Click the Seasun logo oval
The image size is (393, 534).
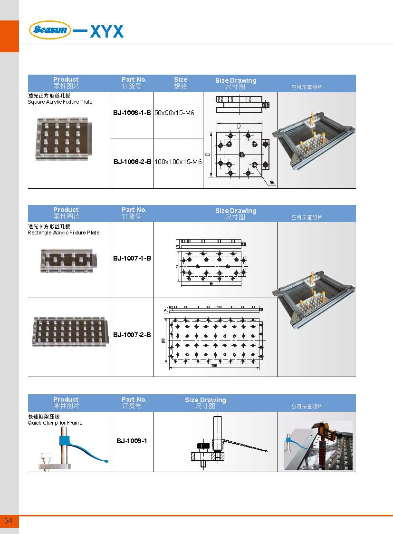pos(50,30)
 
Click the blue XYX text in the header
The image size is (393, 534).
pos(106,32)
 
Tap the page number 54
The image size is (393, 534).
pos(9,521)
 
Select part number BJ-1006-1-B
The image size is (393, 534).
pos(132,113)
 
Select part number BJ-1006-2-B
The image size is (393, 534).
pos(132,162)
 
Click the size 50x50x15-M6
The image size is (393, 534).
pos(174,113)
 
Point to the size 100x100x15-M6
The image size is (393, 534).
pos(178,162)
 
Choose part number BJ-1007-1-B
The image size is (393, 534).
pos(132,258)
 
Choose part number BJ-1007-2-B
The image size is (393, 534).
pos(132,335)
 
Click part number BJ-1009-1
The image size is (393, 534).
pos(132,441)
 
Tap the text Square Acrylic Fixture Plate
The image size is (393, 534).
pos(60,102)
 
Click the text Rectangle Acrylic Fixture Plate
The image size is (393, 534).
pos(64,233)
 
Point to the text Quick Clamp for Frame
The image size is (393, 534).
pos(55,423)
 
